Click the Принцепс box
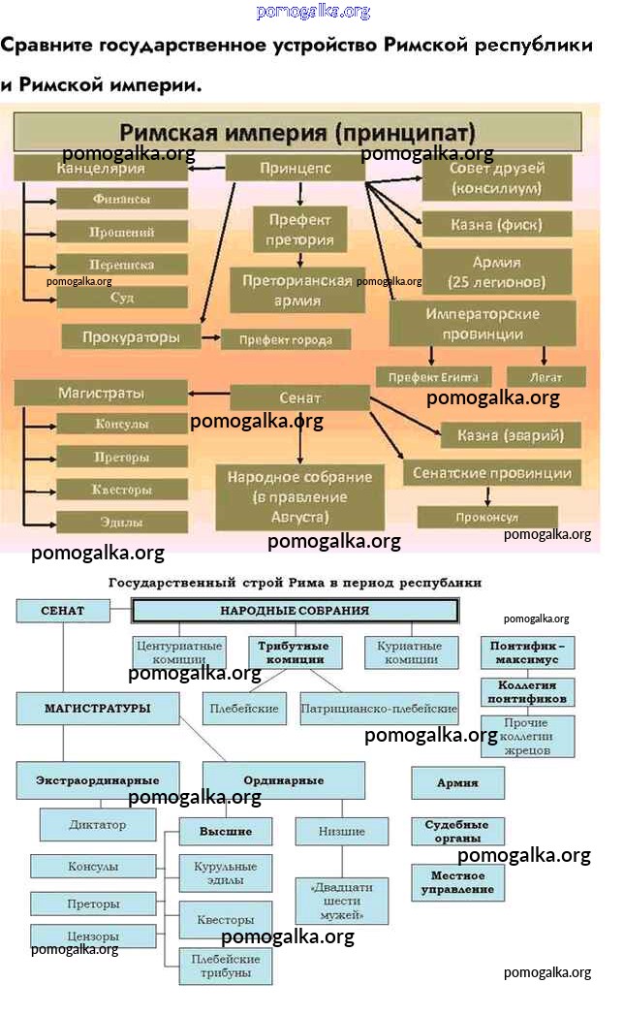click(296, 168)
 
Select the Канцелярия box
click(101, 168)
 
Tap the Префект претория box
click(299, 230)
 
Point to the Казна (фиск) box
click(496, 225)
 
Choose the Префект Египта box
click(433, 376)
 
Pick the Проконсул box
click(486, 518)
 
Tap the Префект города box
click(285, 339)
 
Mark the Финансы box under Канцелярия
click(121, 199)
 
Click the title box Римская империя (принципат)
click(297, 131)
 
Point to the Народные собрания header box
click(295, 611)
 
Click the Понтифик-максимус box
click(527, 652)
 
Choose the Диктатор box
click(98, 825)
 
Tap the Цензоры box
click(94, 936)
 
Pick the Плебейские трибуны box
click(225, 966)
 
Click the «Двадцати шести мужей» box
click(341, 901)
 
